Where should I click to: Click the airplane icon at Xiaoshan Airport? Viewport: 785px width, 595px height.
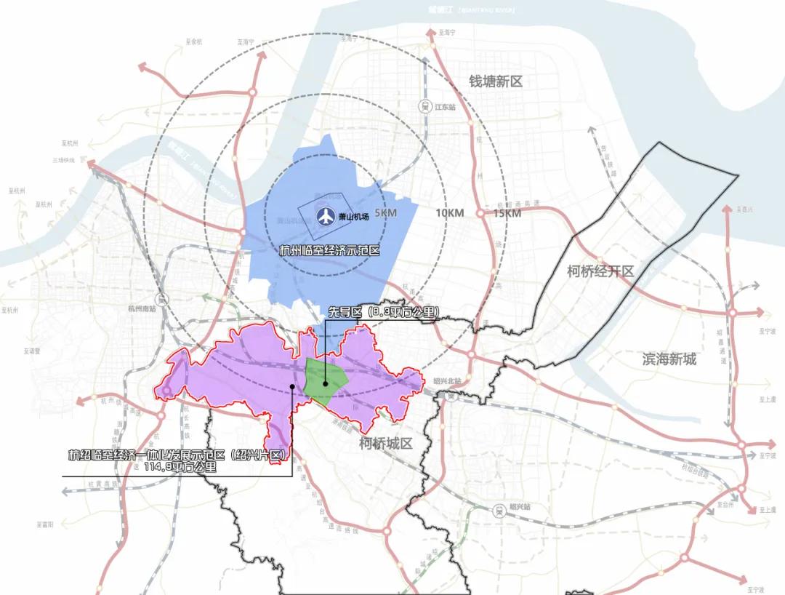[326, 217]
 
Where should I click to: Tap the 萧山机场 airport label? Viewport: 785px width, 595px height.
[354, 217]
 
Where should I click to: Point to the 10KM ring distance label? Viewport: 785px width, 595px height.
[450, 213]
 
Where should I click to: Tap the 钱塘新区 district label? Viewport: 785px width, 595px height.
[496, 81]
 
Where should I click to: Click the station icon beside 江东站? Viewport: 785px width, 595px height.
[423, 106]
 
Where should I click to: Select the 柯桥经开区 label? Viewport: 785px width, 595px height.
[600, 271]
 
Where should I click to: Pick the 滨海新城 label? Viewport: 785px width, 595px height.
[669, 359]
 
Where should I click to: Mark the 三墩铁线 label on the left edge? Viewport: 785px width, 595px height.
[64, 160]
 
